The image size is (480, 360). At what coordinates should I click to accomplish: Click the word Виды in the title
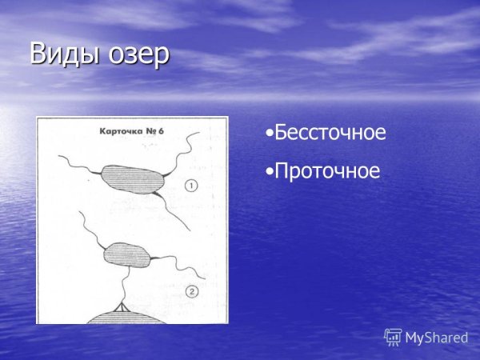58,54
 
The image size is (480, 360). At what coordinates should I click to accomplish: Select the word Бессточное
330,133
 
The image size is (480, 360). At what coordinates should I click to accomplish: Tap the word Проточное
326,170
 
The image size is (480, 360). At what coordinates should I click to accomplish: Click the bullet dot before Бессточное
270,134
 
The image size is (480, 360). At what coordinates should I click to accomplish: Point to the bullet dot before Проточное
270,171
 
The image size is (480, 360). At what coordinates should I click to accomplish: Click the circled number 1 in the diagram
192,186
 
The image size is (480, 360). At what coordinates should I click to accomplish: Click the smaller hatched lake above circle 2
126,251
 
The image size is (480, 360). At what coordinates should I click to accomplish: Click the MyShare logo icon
392,337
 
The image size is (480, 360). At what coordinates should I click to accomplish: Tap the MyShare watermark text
436,338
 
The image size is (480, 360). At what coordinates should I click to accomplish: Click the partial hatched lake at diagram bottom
120,318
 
